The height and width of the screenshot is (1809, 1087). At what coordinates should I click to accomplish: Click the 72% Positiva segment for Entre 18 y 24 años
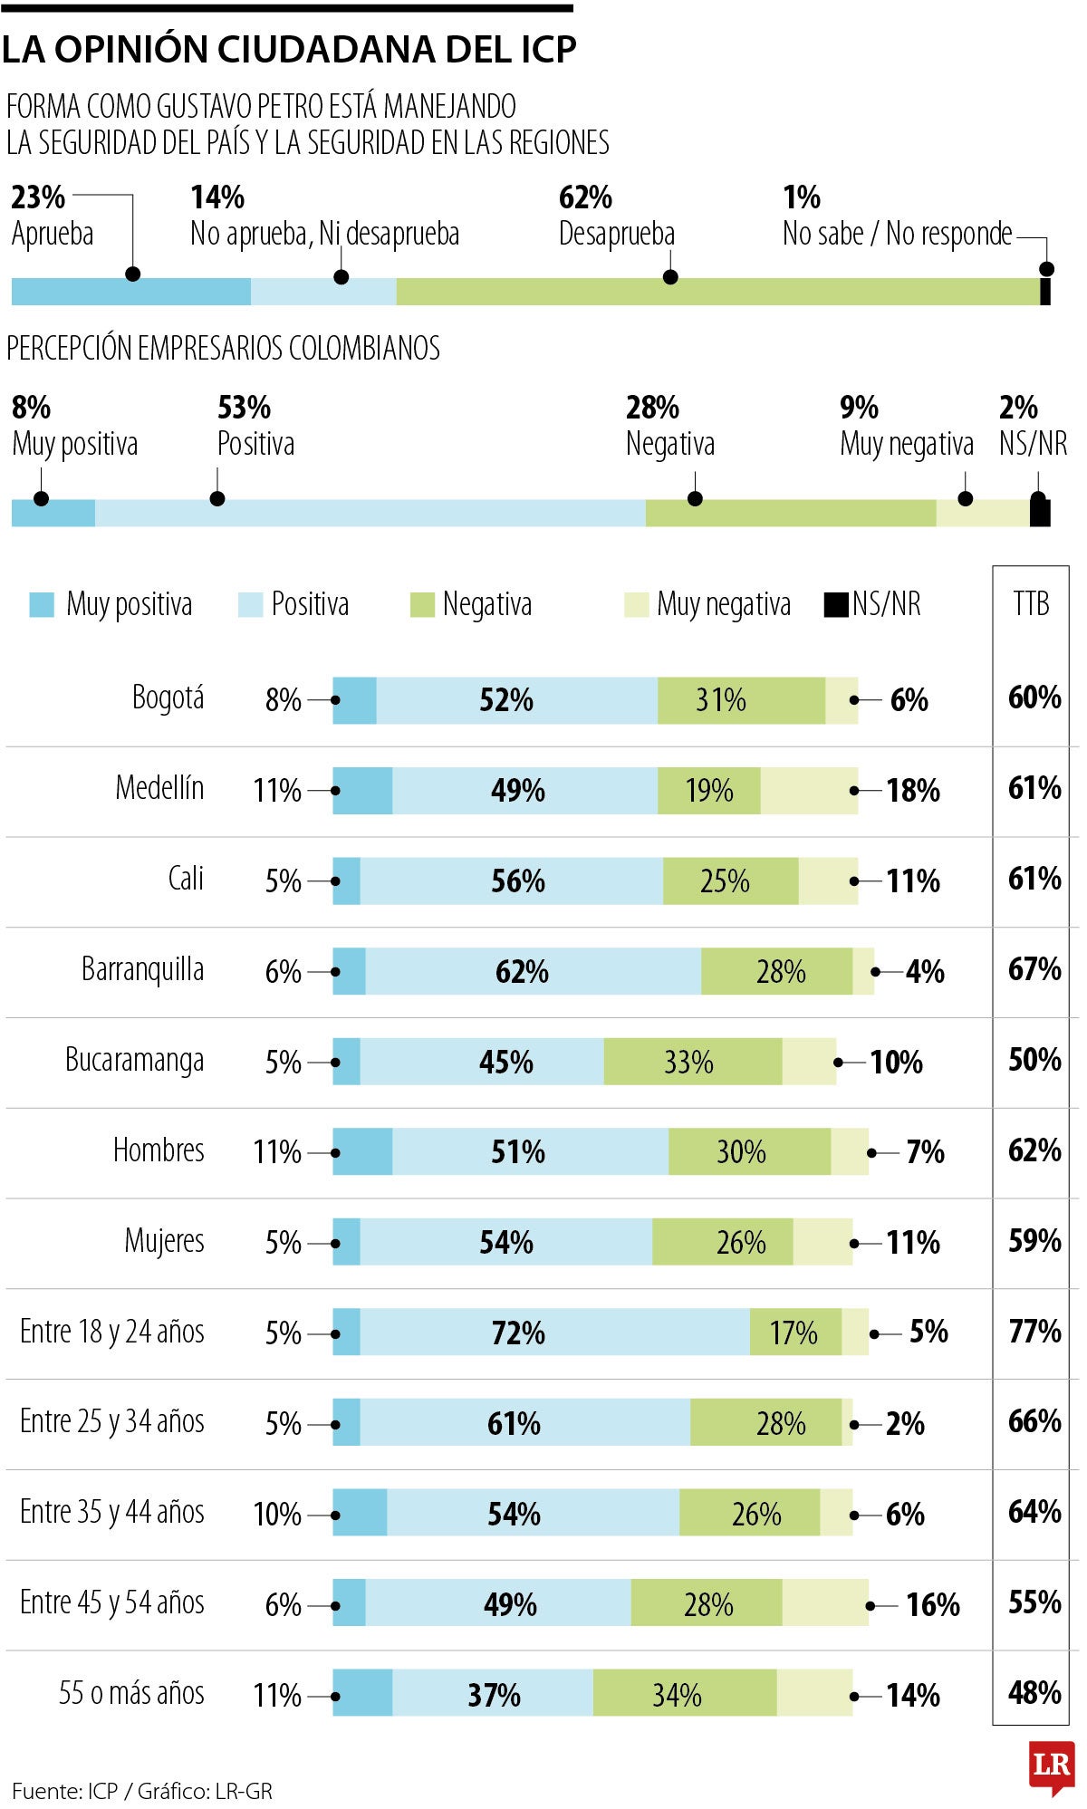click(x=554, y=1333)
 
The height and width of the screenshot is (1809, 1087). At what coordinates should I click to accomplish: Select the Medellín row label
click(x=159, y=788)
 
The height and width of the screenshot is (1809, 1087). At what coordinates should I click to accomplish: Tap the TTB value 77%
click(x=1034, y=1332)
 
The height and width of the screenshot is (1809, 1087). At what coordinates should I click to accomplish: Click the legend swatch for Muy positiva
click(x=42, y=604)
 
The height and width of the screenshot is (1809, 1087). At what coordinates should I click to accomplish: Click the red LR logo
click(x=1052, y=1766)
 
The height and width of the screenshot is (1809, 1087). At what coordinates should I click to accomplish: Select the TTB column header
click(x=1031, y=603)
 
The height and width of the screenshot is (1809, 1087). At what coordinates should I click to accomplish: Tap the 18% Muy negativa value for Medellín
click(x=912, y=791)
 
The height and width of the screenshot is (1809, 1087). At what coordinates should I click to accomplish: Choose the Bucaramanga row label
click(x=134, y=1060)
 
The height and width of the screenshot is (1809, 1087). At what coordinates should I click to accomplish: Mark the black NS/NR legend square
click(x=835, y=604)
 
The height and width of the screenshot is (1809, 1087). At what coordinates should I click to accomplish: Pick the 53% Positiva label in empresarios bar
click(x=255, y=426)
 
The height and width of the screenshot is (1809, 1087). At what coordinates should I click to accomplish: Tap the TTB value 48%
click(x=1034, y=1693)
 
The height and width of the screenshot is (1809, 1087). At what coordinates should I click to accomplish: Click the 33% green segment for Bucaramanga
click(x=692, y=1062)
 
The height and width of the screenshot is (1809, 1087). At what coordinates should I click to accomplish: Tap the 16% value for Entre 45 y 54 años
click(x=932, y=1605)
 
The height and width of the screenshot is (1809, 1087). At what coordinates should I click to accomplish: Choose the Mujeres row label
click(x=164, y=1241)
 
